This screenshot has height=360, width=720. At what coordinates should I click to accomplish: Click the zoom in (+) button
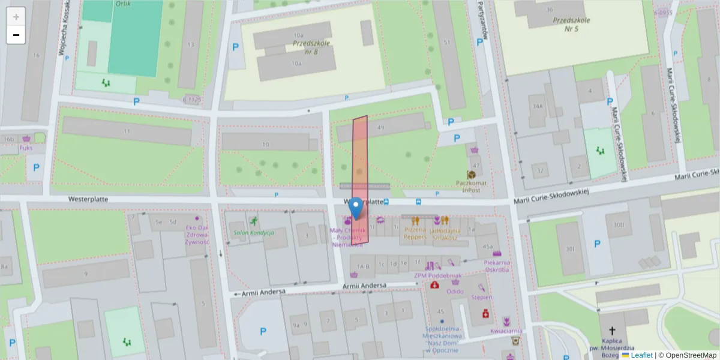pos(16,17)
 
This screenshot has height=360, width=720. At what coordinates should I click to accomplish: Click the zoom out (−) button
pos(16,35)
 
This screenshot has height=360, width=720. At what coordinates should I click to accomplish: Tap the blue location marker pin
pos(356,208)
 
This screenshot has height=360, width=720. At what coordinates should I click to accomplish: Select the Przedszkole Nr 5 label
pos(571,23)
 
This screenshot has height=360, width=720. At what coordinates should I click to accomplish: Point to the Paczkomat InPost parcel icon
pos(471,175)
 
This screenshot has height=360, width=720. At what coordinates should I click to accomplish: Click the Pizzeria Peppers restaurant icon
pos(415,221)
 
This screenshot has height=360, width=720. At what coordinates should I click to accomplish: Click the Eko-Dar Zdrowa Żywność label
pos(197,235)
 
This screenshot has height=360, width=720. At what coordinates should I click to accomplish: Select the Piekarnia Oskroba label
pos(497,266)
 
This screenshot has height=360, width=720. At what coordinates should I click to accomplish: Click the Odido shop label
pos(455,291)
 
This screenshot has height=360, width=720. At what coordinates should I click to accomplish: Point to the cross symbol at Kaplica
pos(613,331)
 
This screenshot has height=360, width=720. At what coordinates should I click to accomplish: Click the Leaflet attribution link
pos(641,355)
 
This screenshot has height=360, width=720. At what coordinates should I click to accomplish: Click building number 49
pos(380,127)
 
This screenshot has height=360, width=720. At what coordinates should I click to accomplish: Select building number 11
pos(127,131)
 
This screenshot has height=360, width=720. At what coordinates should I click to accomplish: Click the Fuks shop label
pos(26,147)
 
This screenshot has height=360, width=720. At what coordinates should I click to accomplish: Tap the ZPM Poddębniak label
pos(432,275)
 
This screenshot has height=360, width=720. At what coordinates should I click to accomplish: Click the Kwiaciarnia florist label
pos(505,330)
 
